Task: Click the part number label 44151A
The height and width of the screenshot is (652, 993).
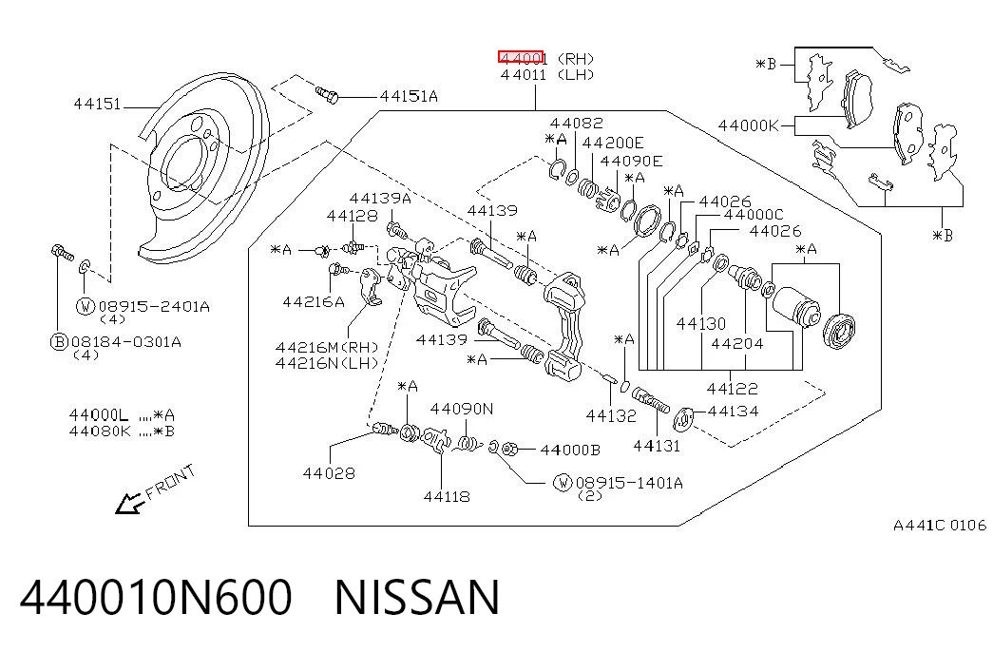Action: click(409, 96)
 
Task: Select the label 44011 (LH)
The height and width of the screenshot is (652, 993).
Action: click(547, 75)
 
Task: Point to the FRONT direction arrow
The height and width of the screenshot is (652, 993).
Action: click(130, 503)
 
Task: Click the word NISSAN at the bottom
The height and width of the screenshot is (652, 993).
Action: click(417, 598)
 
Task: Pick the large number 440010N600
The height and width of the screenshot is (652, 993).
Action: click(156, 598)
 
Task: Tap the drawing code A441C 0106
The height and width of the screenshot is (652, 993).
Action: click(940, 526)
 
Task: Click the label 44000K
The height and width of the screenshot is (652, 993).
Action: click(748, 125)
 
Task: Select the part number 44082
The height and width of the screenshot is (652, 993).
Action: click(576, 123)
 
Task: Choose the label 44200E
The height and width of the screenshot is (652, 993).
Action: click(612, 143)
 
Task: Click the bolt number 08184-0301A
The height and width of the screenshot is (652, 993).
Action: click(126, 342)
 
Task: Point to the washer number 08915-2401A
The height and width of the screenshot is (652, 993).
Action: click(154, 307)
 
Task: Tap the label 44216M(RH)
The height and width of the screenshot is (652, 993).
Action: click(327, 347)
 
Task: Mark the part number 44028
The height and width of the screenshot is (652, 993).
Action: click(329, 472)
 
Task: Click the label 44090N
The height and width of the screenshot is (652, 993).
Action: click(462, 409)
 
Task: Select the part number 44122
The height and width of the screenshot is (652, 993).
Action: click(732, 388)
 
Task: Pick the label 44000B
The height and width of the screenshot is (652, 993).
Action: click(570, 450)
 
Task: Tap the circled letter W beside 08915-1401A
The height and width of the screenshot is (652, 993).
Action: click(563, 483)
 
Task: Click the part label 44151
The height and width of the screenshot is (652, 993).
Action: click(97, 104)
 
